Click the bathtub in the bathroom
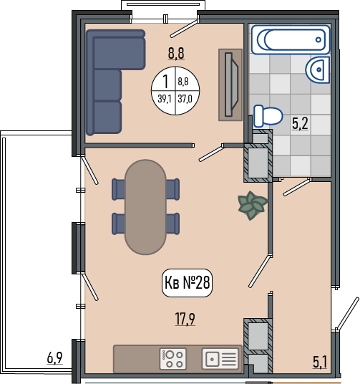[x=291, y=39]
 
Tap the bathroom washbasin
[x=318, y=69]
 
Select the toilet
[x=268, y=116]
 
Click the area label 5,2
[x=300, y=123]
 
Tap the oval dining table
[x=145, y=207]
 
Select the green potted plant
[x=253, y=205]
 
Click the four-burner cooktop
[x=172, y=359]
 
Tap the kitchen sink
[x=220, y=359]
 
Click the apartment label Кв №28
[x=188, y=282]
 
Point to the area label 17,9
[x=185, y=319]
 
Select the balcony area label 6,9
[x=55, y=357]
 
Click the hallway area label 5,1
[x=320, y=363]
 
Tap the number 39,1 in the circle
[x=165, y=99]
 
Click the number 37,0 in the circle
[x=185, y=99]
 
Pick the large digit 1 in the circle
[x=165, y=82]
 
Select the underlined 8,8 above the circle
[x=176, y=53]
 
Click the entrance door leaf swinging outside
[x=347, y=314]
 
